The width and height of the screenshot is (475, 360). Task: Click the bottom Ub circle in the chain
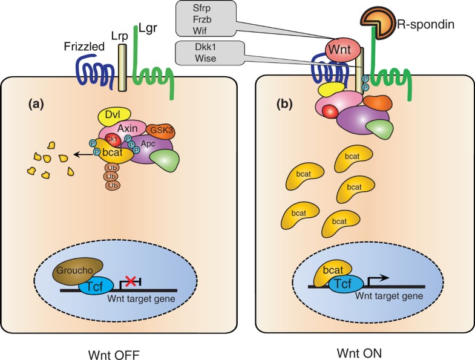[x=113, y=185]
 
